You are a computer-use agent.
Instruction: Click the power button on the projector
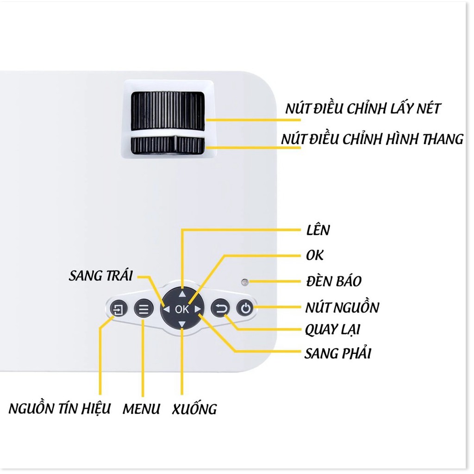point(245,309)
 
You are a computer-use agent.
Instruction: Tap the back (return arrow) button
point(220,309)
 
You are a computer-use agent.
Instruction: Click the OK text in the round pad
point(181,309)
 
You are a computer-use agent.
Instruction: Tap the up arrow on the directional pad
point(182,294)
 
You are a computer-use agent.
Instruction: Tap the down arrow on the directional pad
point(181,324)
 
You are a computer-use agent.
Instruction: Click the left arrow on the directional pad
point(166,309)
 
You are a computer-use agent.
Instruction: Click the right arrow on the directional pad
point(197,309)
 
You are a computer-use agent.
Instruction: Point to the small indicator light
point(244,282)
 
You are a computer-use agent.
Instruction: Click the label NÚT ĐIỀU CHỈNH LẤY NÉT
point(363,108)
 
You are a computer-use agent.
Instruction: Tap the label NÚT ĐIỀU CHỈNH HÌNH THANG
point(372,139)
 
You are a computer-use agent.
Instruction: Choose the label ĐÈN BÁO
point(334,281)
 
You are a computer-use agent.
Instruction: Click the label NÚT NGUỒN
point(342,307)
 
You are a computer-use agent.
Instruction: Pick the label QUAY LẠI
point(332,330)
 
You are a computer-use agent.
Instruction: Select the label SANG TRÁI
point(100,275)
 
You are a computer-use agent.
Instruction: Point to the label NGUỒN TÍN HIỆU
point(60,408)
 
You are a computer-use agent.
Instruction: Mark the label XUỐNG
point(194,409)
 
